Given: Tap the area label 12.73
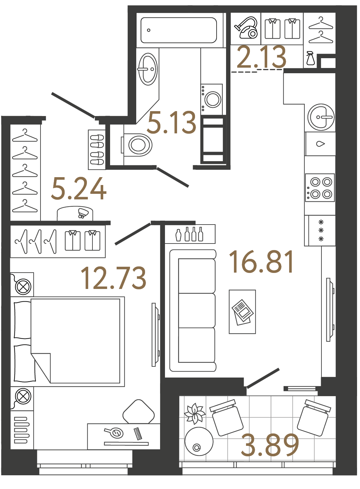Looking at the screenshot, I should coord(113,278).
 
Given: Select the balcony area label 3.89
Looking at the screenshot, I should coord(270,445).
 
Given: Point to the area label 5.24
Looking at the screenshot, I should coord(79,189).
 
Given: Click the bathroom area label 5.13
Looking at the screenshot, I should coord(172,123).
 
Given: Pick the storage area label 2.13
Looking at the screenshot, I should coord(261,58).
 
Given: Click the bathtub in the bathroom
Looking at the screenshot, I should coord(179,30).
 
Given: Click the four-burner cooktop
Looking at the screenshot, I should coord(320,188).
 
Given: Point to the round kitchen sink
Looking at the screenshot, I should coord(321,117).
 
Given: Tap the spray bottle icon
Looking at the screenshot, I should coord(310,59).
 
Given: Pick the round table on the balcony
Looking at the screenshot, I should coord(199,441).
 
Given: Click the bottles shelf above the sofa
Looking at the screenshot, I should coord(190,234).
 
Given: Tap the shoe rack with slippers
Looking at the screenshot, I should coord(97,150).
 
